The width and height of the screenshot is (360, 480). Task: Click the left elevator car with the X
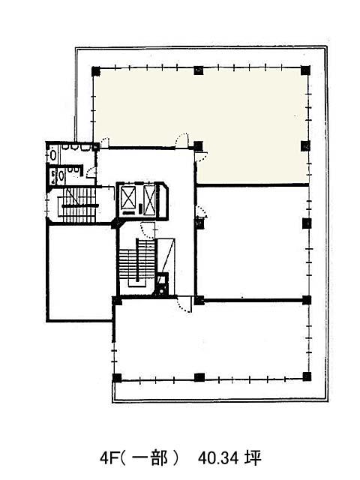pyautogui.click(x=128, y=197)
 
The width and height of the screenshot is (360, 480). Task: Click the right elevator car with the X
pyautogui.click(x=150, y=199)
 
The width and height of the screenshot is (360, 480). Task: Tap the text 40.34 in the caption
pyautogui.click(x=218, y=458)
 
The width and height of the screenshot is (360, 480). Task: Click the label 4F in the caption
pyautogui.click(x=107, y=458)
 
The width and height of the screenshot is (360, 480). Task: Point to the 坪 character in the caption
pyautogui.click(x=253, y=458)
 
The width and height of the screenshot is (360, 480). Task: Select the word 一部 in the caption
pyautogui.click(x=150, y=458)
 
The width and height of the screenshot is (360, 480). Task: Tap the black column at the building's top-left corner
pyautogui.click(x=96, y=71)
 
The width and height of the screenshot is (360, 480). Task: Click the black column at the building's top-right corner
pyautogui.click(x=305, y=70)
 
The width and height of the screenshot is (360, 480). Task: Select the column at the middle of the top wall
pyautogui.click(x=199, y=70)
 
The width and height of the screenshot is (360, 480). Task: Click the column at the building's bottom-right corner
pyautogui.click(x=307, y=376)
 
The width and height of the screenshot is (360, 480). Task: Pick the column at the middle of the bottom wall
pyautogui.click(x=199, y=377)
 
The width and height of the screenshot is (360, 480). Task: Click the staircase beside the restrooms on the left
pyautogui.click(x=78, y=205)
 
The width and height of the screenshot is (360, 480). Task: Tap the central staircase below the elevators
pyautogui.click(x=136, y=262)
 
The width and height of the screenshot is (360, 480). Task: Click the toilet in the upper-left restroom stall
pyautogui.click(x=53, y=155)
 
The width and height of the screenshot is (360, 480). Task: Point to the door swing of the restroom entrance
pyautogui.click(x=91, y=172)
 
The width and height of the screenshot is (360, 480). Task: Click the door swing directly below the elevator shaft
pyautogui.click(x=148, y=230)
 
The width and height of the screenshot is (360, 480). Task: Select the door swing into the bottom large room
pyautogui.click(x=184, y=305)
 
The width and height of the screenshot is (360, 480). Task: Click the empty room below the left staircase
pyautogui.click(x=80, y=272)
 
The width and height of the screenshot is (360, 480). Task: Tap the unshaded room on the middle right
pyautogui.click(x=252, y=242)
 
